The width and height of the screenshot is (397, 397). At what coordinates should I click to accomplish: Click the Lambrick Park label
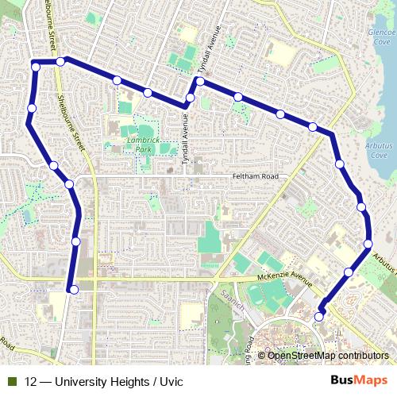tap(143, 144)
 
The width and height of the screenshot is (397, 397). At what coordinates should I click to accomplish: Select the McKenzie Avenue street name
tap(285, 276)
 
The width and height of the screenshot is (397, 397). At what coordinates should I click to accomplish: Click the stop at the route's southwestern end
tap(73, 290)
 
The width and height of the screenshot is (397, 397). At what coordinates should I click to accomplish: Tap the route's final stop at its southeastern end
tap(319, 317)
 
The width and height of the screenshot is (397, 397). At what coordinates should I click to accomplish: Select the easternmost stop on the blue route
tap(368, 244)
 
